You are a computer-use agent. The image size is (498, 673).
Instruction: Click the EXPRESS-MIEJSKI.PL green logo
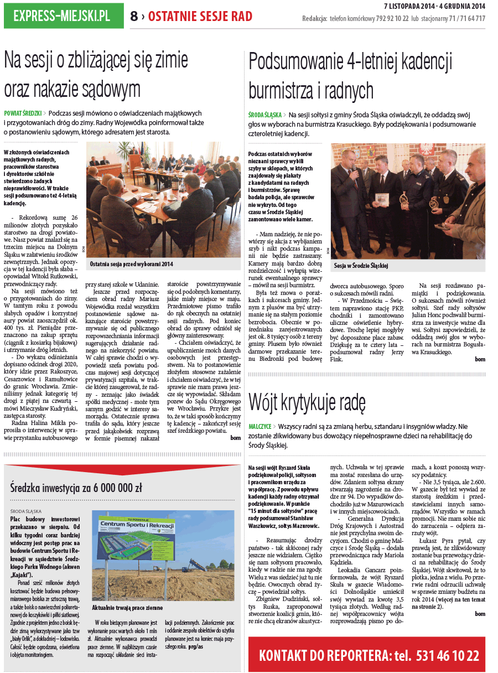(x=64, y=15)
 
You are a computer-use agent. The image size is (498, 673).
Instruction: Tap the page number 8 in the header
(x=134, y=16)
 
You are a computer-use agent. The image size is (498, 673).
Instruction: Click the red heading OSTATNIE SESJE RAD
(x=200, y=17)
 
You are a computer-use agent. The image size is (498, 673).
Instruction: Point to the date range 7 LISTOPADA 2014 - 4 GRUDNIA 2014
(x=434, y=6)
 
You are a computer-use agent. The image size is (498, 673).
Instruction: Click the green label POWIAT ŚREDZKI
(x=23, y=113)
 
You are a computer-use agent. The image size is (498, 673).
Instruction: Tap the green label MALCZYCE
(x=260, y=427)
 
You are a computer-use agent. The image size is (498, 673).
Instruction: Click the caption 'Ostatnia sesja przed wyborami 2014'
(x=132, y=265)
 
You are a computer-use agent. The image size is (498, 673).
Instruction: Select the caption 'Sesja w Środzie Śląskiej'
(x=361, y=266)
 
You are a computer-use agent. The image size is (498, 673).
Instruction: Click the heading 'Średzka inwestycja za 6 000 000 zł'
(x=76, y=488)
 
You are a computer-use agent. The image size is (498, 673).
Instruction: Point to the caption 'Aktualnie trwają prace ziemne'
(x=128, y=607)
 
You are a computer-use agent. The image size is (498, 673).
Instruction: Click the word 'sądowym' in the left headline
(x=108, y=89)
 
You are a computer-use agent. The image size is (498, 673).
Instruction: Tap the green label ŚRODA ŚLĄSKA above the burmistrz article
(x=266, y=115)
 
